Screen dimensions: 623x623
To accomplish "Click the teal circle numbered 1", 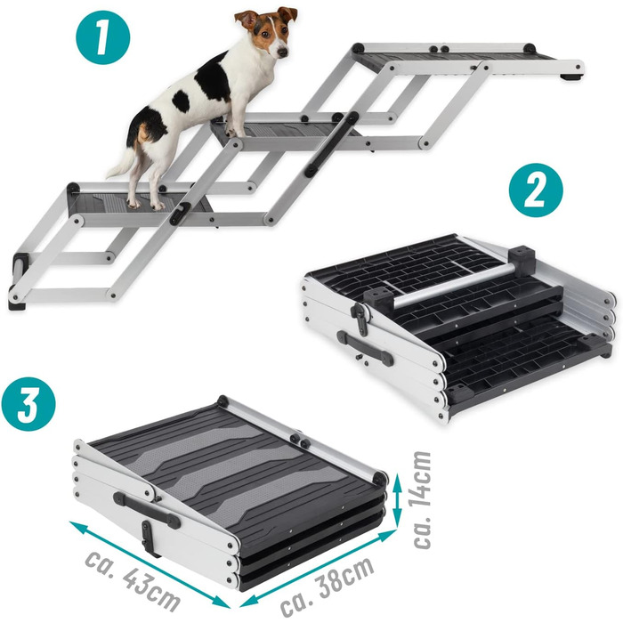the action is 103,37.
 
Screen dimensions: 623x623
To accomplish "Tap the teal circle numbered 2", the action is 536,190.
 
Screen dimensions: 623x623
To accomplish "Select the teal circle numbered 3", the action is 28,404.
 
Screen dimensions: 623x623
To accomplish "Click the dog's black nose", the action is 282,52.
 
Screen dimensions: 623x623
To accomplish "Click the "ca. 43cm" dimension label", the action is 133,581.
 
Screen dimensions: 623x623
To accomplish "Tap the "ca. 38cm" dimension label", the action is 327,586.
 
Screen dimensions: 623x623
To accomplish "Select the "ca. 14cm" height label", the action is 423,500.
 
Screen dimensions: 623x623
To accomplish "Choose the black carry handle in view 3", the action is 146,510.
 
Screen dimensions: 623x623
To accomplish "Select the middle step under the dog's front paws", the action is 286,132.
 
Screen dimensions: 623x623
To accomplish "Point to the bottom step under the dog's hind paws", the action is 139,203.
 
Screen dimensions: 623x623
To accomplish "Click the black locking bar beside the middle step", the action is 331,144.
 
